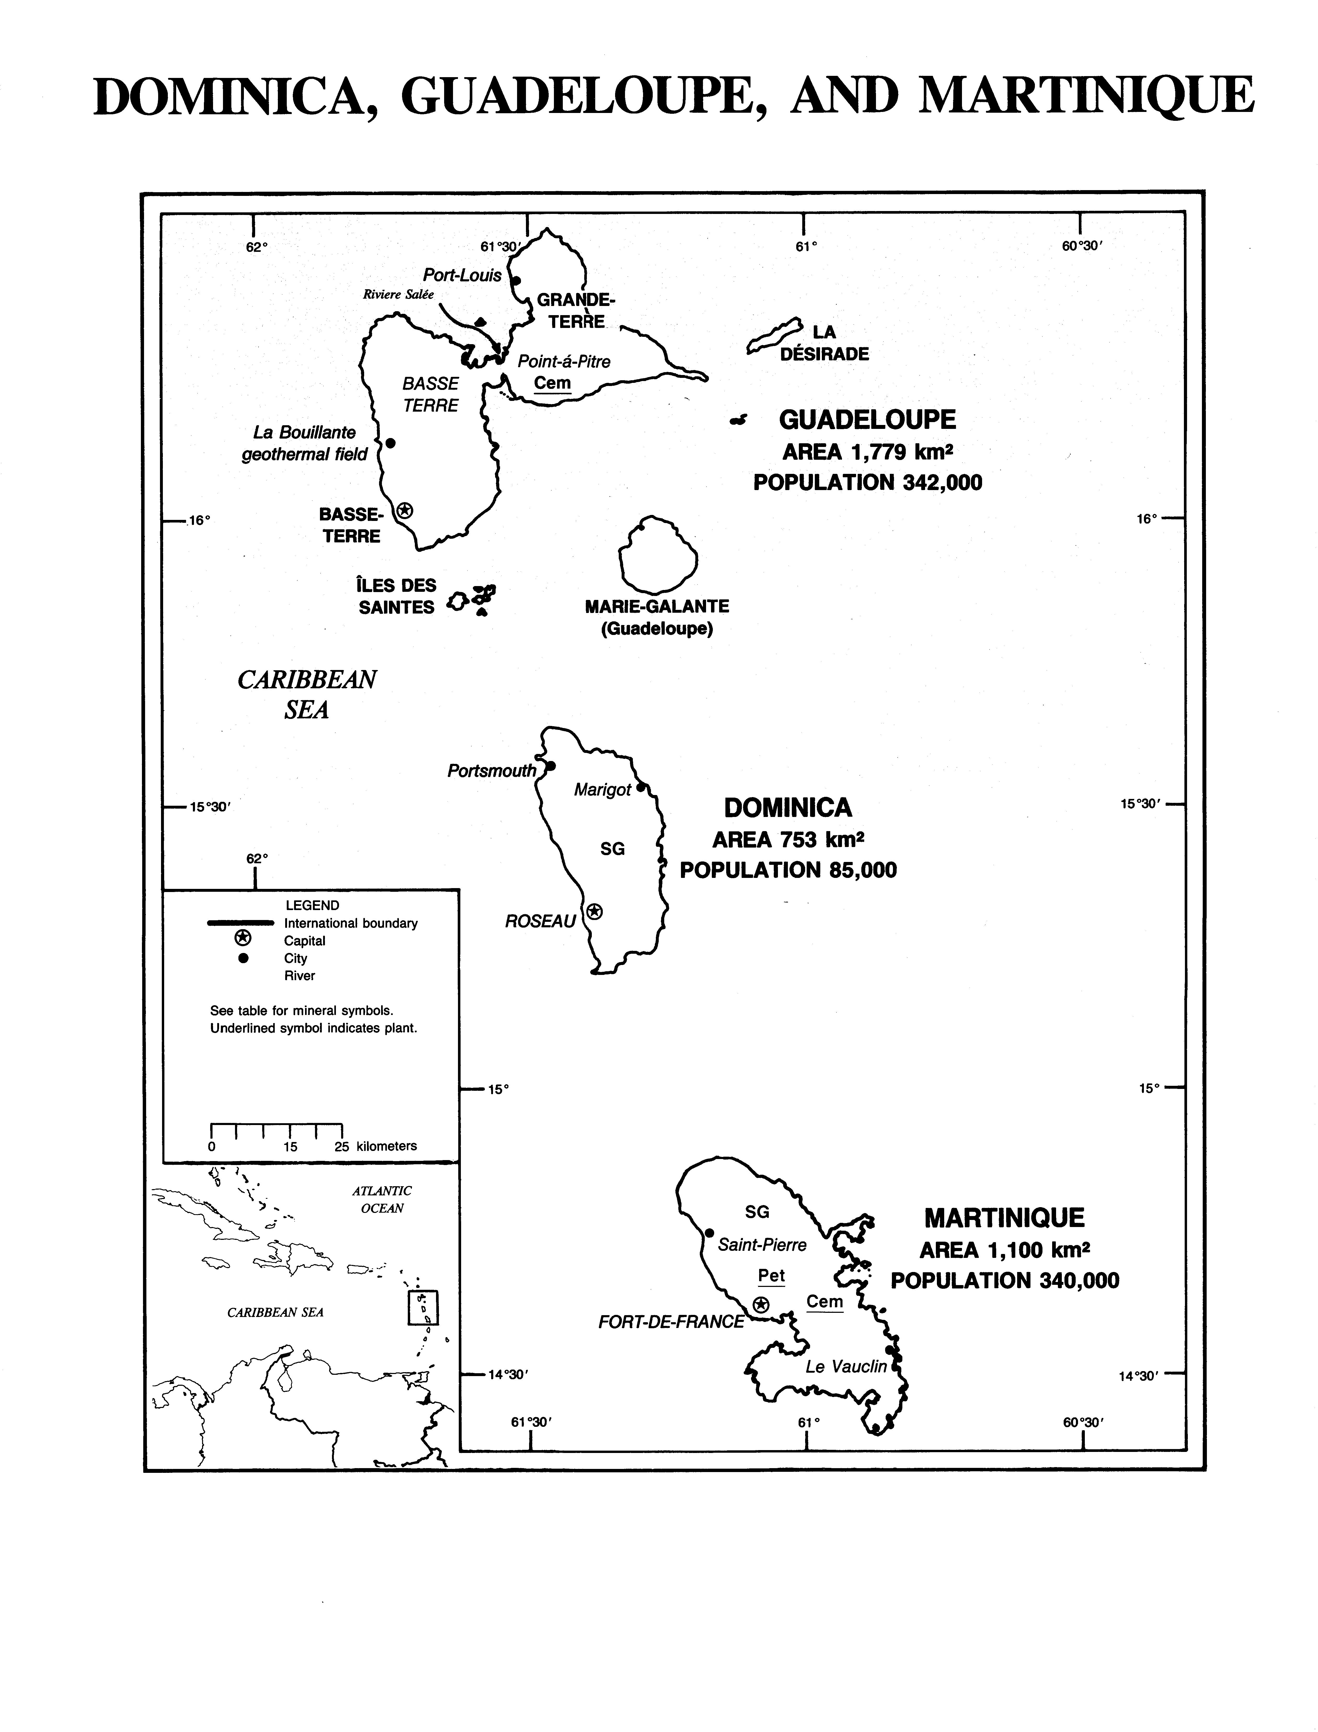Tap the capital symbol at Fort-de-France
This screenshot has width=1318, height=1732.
pyautogui.click(x=760, y=1304)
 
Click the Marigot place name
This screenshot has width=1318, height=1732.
pyautogui.click(x=603, y=790)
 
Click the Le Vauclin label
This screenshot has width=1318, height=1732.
pyautogui.click(x=846, y=1366)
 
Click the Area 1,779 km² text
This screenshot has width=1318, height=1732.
pyautogui.click(x=868, y=452)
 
